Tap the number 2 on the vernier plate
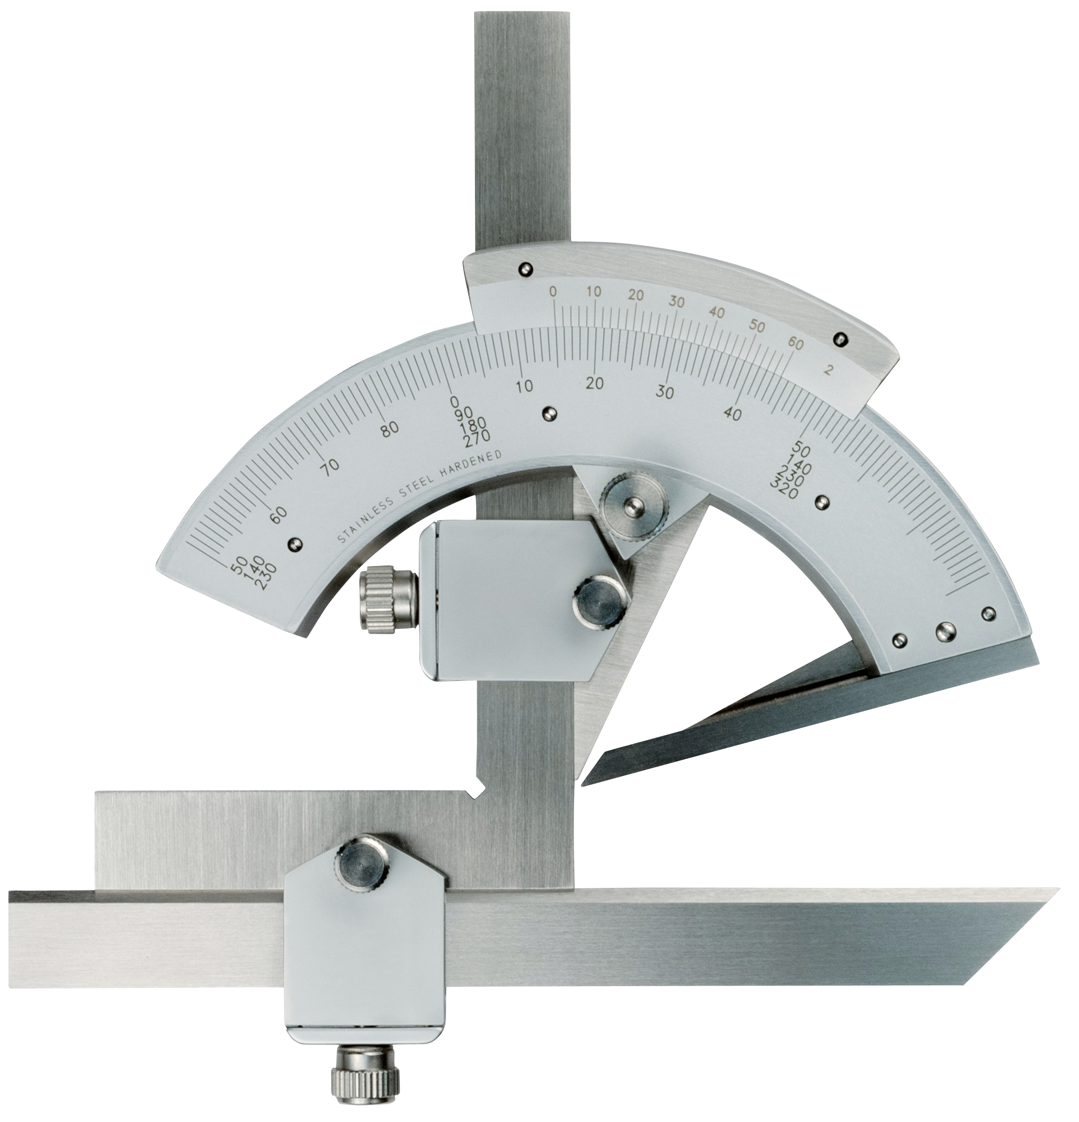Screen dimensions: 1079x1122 [827, 370]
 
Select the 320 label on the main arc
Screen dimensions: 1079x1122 [785, 489]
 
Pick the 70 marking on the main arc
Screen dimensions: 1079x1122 [330, 464]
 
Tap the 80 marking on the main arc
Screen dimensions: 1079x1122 [389, 429]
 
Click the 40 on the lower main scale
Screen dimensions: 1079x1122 [733, 413]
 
